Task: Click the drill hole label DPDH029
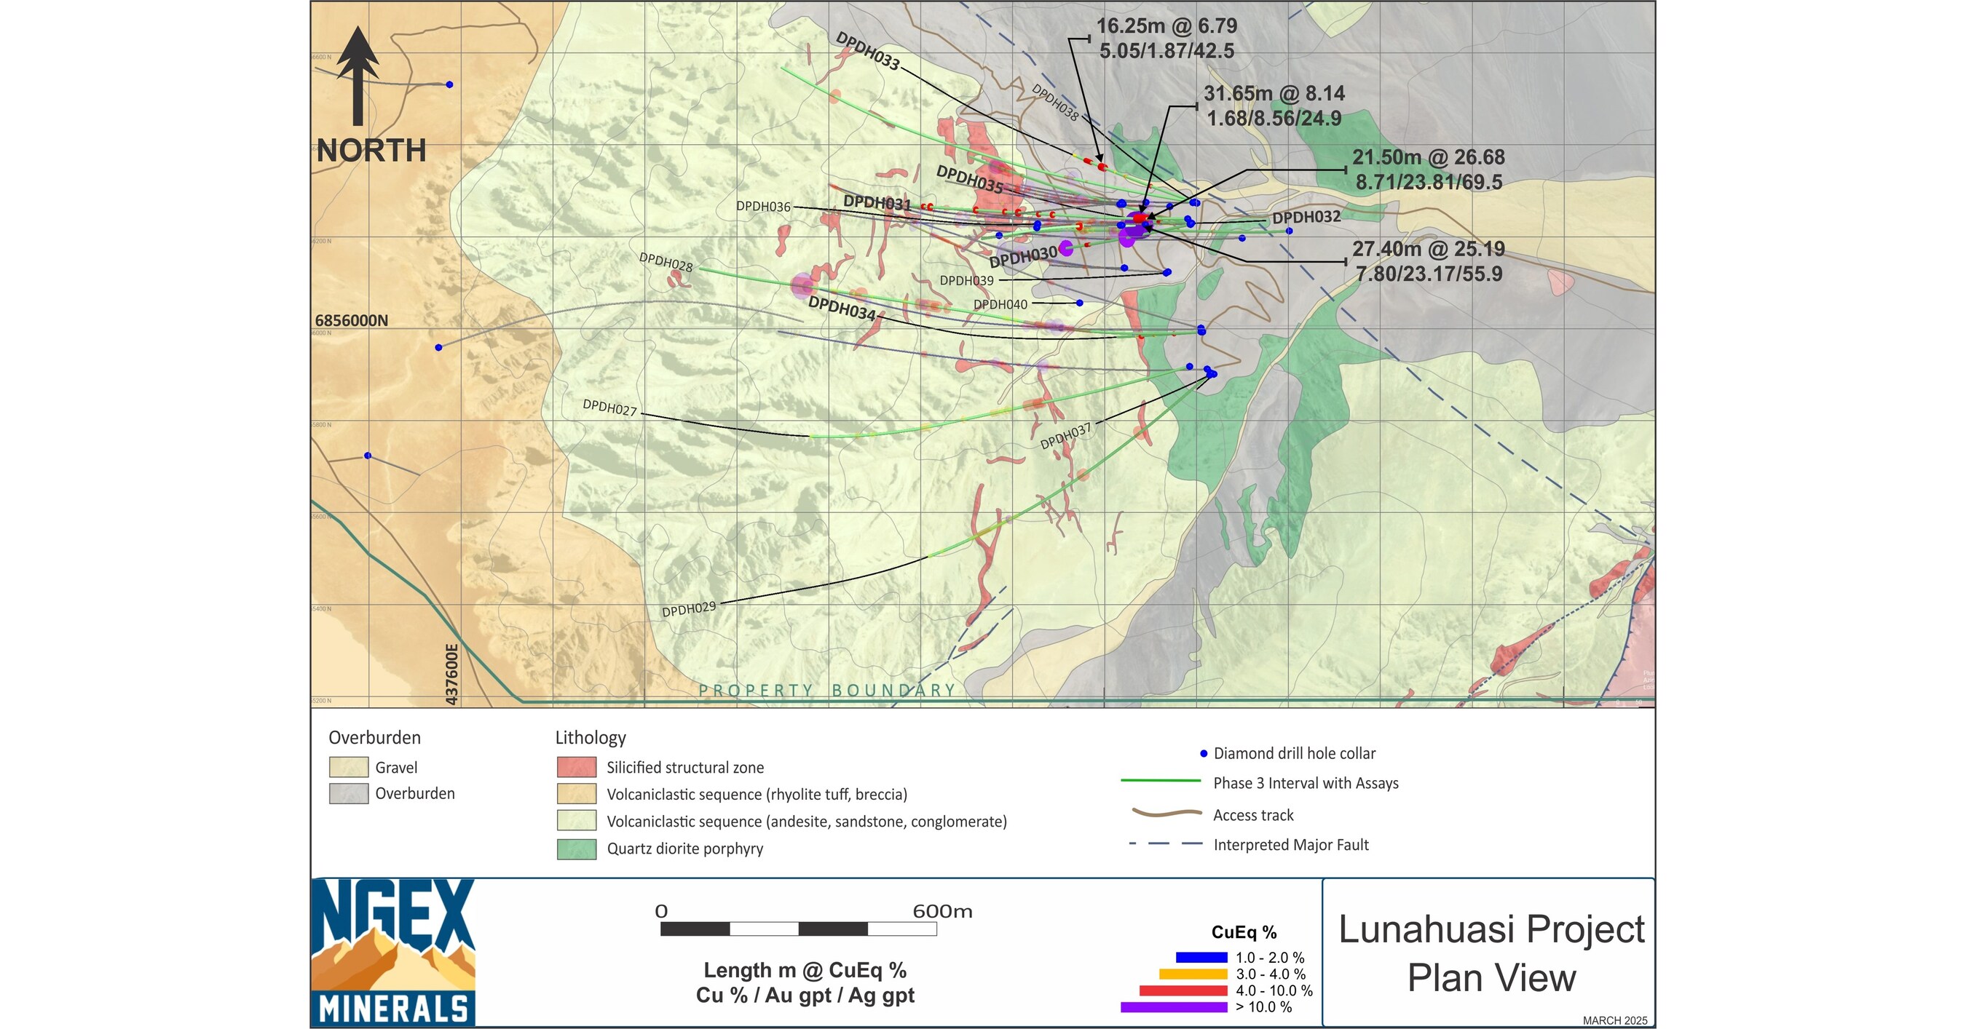point(688,608)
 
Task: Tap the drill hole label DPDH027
point(609,408)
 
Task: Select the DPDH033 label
point(867,51)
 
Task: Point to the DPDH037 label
point(1065,437)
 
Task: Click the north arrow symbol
point(358,76)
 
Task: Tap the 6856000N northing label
point(351,320)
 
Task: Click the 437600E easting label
point(451,675)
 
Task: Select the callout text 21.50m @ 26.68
point(1429,158)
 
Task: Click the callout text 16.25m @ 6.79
point(1167,26)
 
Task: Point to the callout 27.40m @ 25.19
point(1429,250)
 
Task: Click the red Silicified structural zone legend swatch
point(576,767)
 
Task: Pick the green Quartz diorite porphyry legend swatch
point(576,849)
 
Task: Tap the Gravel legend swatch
point(349,767)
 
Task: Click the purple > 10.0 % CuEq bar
point(1174,1007)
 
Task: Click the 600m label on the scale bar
point(941,912)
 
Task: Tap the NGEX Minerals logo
point(393,953)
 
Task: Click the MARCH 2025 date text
point(1614,1020)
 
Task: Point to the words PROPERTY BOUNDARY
point(827,691)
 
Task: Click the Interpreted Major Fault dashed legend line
point(1166,844)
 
